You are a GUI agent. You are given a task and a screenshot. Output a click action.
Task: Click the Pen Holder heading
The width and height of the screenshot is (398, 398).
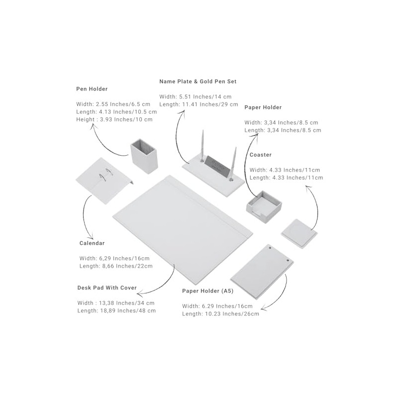point(92,89)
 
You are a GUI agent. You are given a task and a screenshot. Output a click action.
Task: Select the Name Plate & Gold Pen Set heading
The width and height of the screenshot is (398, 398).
point(198,81)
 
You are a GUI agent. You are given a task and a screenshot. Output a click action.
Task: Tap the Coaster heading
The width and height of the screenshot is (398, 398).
point(260,155)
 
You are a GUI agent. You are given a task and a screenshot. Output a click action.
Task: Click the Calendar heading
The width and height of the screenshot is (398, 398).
point(92,243)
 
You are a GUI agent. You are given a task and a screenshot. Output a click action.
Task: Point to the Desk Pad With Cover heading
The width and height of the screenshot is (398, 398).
point(107,288)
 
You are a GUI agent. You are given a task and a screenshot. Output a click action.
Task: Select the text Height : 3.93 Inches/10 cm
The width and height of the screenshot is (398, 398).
point(114,119)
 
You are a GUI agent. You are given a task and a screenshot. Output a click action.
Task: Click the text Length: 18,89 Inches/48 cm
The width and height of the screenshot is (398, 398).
point(116,310)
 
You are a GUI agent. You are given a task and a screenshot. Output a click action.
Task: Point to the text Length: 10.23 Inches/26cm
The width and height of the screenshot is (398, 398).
point(220,314)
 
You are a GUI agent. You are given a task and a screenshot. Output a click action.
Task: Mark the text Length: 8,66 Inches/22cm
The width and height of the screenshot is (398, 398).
point(116,266)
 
